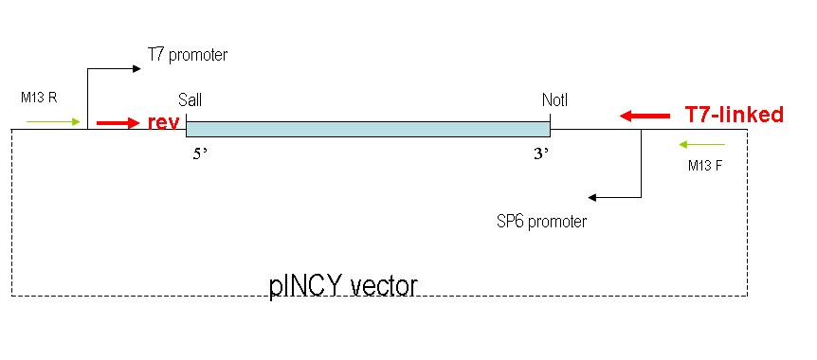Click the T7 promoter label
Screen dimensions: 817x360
(188, 55)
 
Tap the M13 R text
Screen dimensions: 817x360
(39, 98)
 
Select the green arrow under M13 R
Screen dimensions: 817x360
(53, 122)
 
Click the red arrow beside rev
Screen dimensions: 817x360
(118, 123)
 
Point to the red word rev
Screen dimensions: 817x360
(164, 122)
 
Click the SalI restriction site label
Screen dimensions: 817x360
(190, 99)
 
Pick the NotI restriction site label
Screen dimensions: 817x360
(554, 99)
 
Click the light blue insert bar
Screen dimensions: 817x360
(368, 129)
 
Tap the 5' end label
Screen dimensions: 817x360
(200, 154)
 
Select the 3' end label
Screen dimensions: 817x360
(541, 154)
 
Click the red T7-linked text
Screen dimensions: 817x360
(734, 115)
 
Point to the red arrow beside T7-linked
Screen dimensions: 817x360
(645, 117)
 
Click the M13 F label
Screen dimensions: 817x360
(706, 166)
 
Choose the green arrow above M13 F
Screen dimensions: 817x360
(702, 144)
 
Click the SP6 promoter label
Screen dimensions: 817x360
(542, 222)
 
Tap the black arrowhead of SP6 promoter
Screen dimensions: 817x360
(591, 197)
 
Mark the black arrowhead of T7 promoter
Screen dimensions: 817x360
(137, 68)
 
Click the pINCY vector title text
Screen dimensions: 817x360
(343, 286)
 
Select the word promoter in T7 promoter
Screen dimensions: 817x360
(198, 56)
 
